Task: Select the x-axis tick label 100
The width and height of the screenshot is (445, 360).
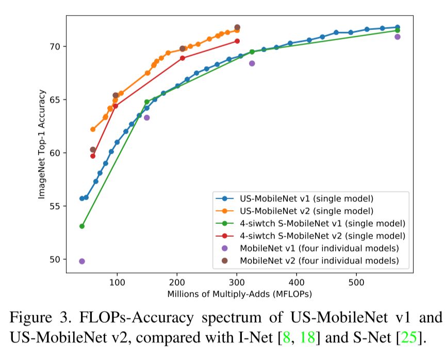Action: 117,283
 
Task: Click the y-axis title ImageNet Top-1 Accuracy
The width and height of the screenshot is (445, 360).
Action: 42,145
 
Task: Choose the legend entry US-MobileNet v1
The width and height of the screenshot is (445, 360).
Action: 307,198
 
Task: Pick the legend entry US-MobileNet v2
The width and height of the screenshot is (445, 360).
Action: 307,210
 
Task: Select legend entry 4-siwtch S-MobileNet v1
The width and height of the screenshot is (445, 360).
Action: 322,223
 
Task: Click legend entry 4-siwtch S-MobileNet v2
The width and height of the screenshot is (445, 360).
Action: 322,236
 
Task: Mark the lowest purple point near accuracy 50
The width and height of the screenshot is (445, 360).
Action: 82,261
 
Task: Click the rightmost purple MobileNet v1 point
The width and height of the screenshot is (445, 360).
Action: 398,37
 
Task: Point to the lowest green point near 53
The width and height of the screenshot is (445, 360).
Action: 82,226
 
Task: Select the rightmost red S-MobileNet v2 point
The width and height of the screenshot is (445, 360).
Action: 237,41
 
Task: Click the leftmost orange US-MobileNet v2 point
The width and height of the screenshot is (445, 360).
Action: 93,129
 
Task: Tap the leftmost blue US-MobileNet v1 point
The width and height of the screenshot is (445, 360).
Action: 82,199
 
